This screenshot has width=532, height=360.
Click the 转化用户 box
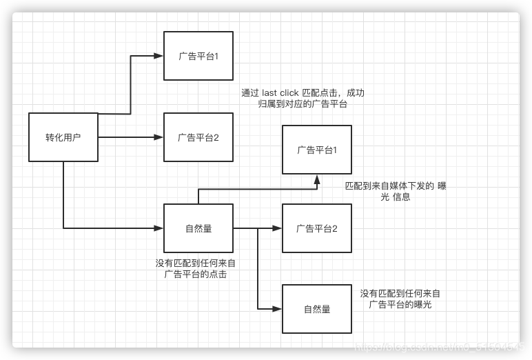click(63, 137)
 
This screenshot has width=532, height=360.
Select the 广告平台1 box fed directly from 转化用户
click(198, 56)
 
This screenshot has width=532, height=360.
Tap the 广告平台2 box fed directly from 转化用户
click(198, 137)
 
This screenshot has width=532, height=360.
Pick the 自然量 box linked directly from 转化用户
click(198, 228)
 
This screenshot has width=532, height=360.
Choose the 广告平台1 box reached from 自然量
click(317, 150)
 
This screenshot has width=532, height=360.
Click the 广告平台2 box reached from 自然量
click(317, 228)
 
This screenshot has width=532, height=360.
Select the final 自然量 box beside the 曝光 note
click(317, 309)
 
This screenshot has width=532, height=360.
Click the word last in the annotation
click(270, 93)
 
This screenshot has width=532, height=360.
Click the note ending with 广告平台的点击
click(196, 268)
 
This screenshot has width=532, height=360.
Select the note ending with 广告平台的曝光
click(400, 299)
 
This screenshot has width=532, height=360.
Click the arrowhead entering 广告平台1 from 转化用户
click(159, 56)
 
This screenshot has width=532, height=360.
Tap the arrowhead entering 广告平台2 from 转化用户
click(159, 137)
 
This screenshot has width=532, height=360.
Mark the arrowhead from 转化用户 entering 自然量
click(159, 228)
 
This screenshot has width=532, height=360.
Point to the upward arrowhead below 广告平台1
click(317, 179)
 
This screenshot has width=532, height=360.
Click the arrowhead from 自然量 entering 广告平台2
click(278, 228)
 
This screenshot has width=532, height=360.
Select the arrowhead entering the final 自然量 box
click(278, 309)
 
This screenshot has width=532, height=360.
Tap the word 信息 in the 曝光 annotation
click(402, 197)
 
